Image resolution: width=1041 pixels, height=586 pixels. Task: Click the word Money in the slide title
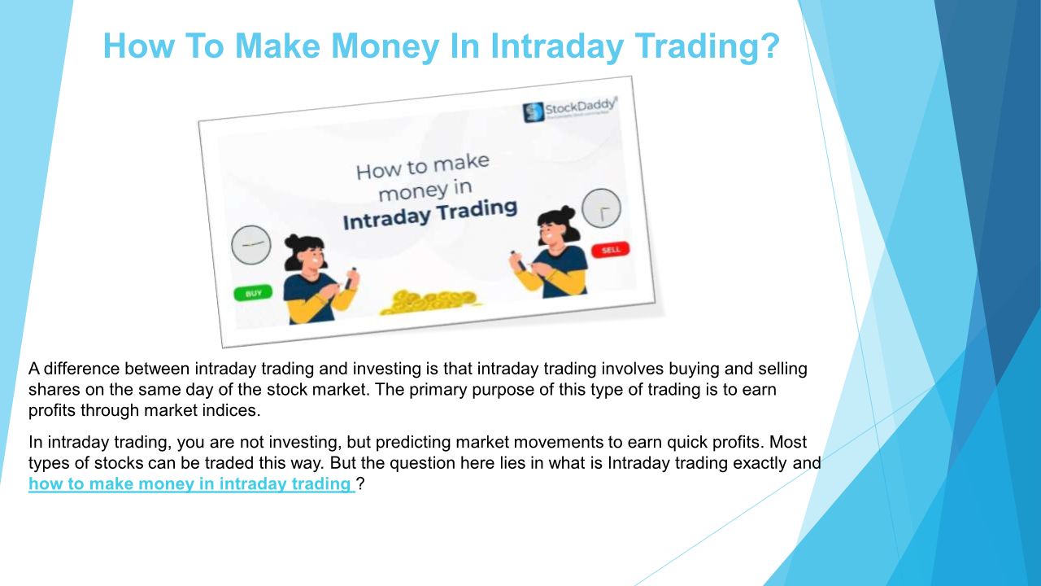point(385,46)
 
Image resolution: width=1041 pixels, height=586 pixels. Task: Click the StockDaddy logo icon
point(533,112)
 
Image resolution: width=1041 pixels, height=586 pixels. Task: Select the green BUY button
point(253,293)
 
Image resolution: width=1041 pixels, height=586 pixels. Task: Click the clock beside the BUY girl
point(251,245)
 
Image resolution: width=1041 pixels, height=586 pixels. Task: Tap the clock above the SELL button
point(601,208)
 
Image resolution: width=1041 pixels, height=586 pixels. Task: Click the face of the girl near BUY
point(312,257)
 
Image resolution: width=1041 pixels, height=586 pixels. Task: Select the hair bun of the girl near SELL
point(567,212)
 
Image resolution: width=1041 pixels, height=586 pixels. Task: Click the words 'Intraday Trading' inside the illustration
point(430,216)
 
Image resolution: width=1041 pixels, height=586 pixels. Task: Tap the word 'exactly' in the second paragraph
point(755,463)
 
